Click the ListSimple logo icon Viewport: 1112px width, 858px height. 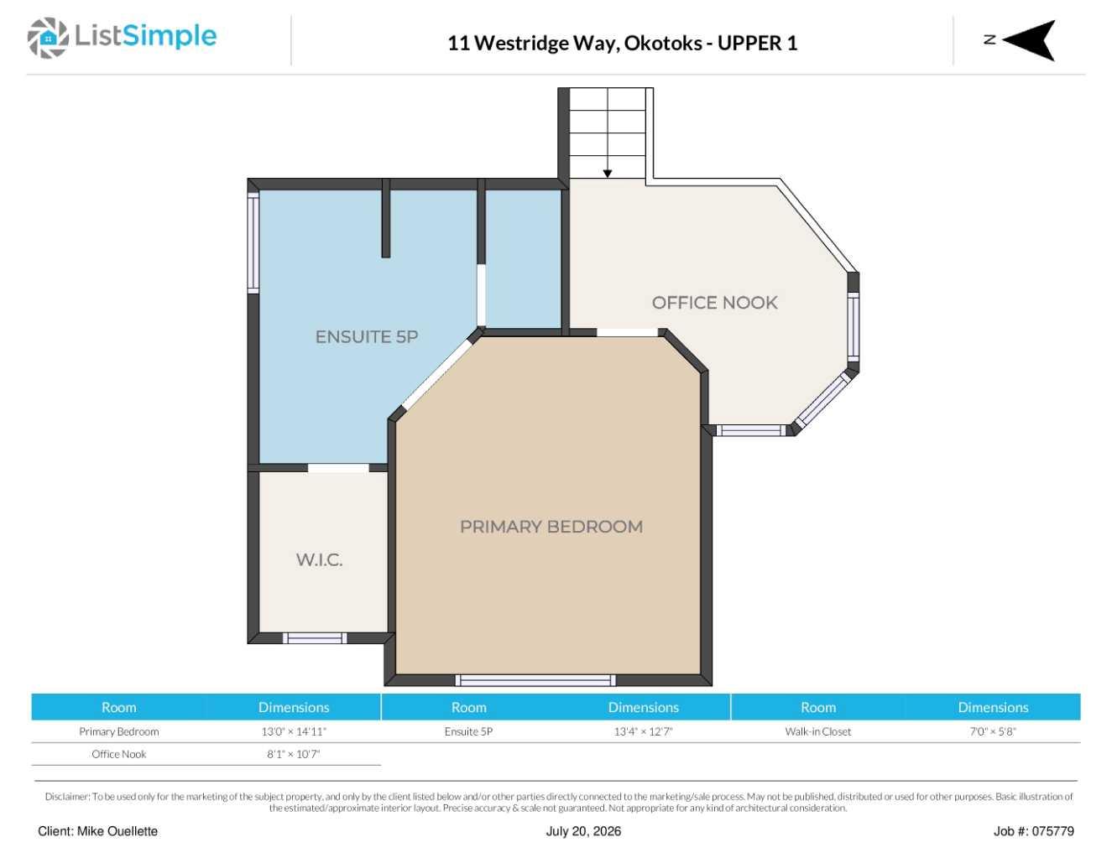tap(48, 38)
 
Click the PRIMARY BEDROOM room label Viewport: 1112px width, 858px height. tap(551, 527)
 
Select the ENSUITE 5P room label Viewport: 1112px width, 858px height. tap(367, 336)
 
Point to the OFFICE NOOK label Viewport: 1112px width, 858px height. tap(714, 303)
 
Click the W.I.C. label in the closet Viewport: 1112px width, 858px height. tap(319, 559)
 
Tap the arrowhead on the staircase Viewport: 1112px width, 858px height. tap(607, 174)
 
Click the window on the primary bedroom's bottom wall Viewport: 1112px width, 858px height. tap(535, 680)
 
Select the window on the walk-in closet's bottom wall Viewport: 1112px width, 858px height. tap(315, 637)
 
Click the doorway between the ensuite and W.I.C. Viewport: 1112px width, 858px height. tap(338, 468)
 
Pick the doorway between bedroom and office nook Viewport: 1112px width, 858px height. tap(628, 332)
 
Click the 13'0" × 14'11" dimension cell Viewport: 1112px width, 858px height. tap(294, 731)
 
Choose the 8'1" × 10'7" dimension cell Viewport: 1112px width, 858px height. tap(294, 754)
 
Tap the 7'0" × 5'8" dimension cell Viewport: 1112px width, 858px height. tap(993, 731)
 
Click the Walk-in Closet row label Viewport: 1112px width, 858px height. tap(817, 731)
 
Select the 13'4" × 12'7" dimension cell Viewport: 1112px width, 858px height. tap(643, 731)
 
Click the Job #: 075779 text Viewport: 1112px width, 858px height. tap(1033, 831)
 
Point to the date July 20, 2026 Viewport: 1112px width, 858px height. tap(583, 831)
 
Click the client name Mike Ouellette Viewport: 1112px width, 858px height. tap(117, 831)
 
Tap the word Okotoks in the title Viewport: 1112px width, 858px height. tap(663, 43)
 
